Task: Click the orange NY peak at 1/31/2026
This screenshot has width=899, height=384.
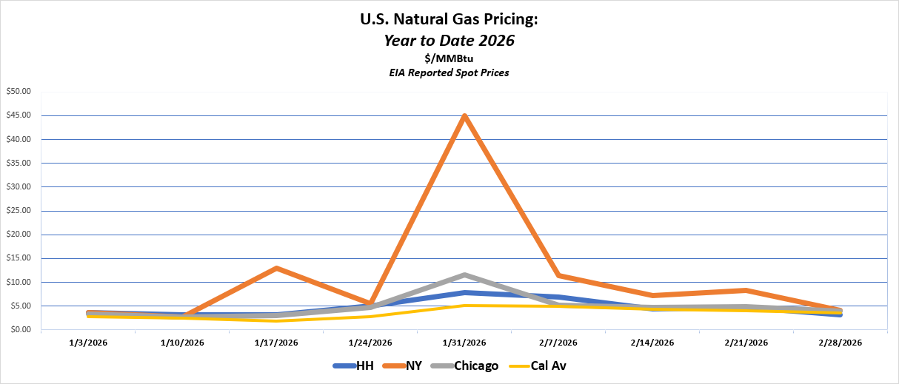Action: pyautogui.click(x=464, y=116)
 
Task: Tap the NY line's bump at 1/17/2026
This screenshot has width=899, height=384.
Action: pyautogui.click(x=276, y=268)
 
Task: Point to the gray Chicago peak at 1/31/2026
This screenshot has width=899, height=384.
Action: pyautogui.click(x=464, y=274)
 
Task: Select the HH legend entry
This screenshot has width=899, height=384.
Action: pyautogui.click(x=353, y=366)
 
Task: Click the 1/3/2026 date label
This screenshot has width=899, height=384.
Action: pyautogui.click(x=88, y=343)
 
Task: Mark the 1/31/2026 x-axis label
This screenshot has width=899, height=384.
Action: pyautogui.click(x=464, y=343)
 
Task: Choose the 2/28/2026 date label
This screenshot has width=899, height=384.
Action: pyautogui.click(x=840, y=343)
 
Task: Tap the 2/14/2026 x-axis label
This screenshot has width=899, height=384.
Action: pyautogui.click(x=652, y=343)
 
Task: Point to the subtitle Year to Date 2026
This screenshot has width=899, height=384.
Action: pyautogui.click(x=449, y=41)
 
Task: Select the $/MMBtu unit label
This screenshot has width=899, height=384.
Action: pyautogui.click(x=449, y=59)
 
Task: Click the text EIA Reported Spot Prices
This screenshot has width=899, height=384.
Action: pyautogui.click(x=449, y=73)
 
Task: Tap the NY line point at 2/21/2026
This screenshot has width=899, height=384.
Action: pyautogui.click(x=746, y=290)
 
